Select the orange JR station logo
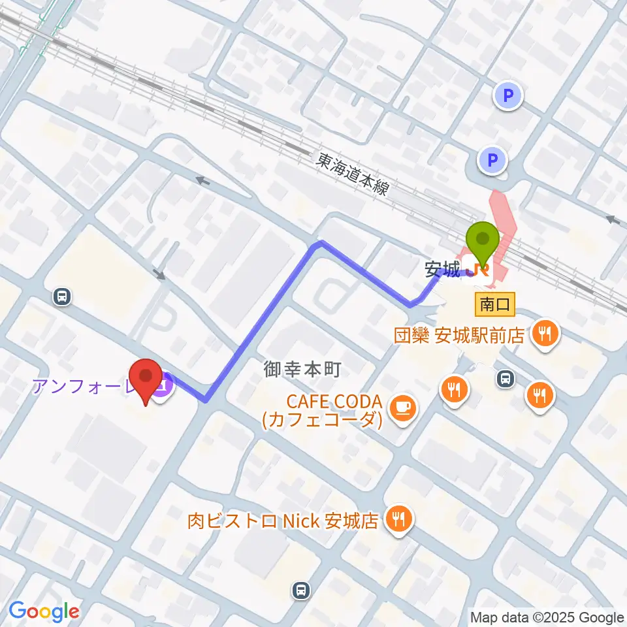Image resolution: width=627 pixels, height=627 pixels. pos(481,269)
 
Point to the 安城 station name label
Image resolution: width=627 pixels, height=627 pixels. pos(442,267)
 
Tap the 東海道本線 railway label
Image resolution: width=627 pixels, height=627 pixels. pos(352,174)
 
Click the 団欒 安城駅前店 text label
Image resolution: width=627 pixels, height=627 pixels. pos(459,336)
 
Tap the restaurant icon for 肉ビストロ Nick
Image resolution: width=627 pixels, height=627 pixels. pos(398,520)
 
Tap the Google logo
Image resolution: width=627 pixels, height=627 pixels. pos(44,612)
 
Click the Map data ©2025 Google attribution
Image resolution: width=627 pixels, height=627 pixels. pos(547,617)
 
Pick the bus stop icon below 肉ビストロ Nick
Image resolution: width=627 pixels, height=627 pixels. pos(300,590)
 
